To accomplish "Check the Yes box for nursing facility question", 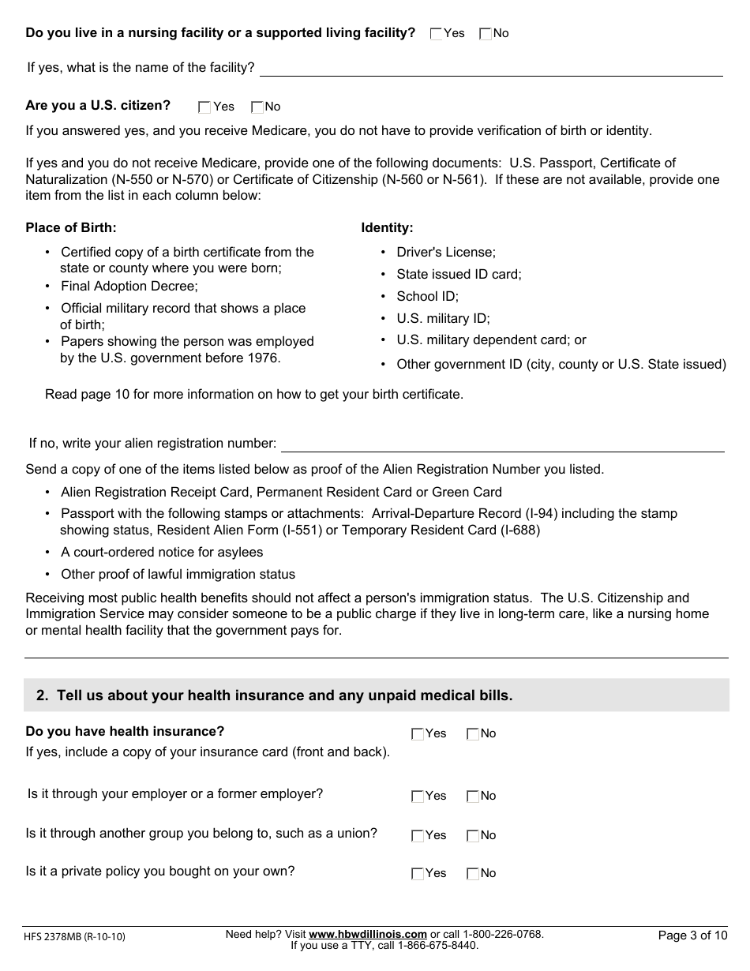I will tap(437, 34).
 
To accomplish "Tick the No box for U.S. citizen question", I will tap(257, 107).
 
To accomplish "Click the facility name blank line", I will tap(491, 69).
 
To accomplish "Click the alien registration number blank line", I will tap(502, 445).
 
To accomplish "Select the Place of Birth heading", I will tap(71, 227).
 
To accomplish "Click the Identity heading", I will tap(387, 227).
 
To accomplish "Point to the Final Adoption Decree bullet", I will tap(129, 286).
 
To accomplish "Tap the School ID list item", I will tap(427, 296).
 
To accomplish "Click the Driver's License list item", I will tap(446, 252).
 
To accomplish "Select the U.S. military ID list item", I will tap(443, 318).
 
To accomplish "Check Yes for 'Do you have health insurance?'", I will tap(418, 734).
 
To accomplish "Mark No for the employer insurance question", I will tap(473, 797).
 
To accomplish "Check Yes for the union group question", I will tap(418, 836).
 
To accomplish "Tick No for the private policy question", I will tap(473, 874).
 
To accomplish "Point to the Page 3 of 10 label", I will tap(692, 935).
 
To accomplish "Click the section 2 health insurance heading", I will tap(274, 695).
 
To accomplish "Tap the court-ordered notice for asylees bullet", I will tap(162, 552).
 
